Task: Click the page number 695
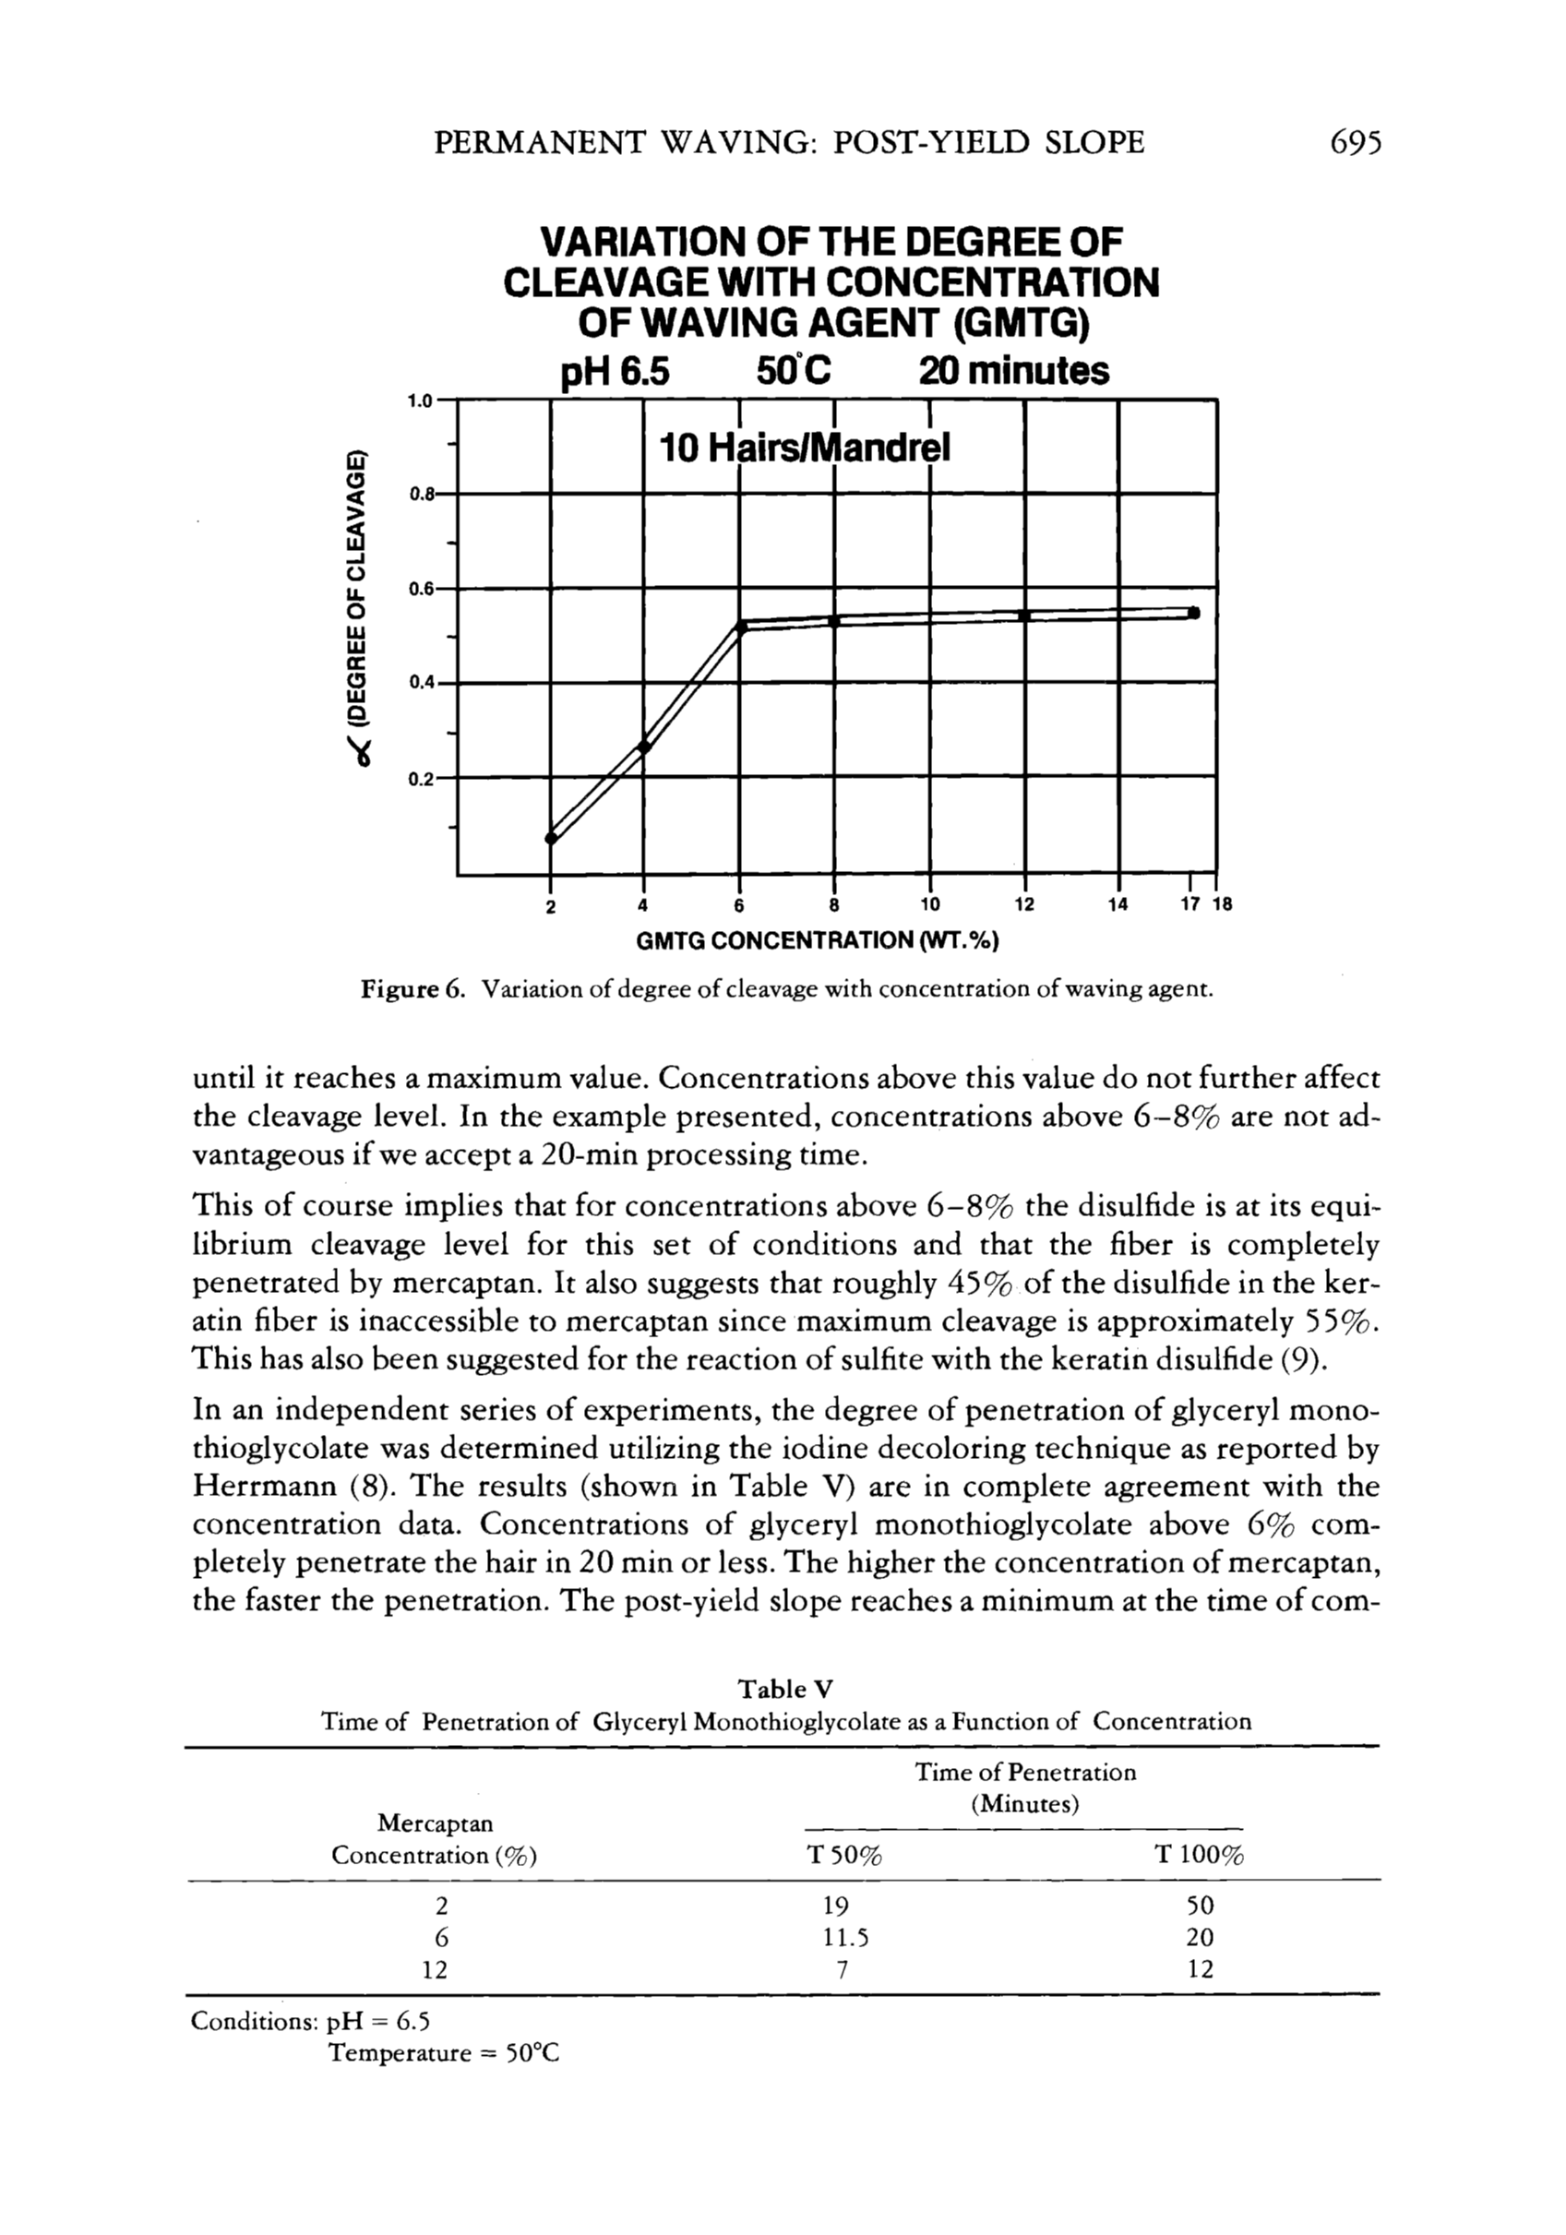1353,143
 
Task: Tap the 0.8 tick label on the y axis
422,494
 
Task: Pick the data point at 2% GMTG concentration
551,838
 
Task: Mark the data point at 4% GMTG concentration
643,747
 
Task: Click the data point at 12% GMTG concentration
1024,616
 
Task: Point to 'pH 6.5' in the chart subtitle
617,371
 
